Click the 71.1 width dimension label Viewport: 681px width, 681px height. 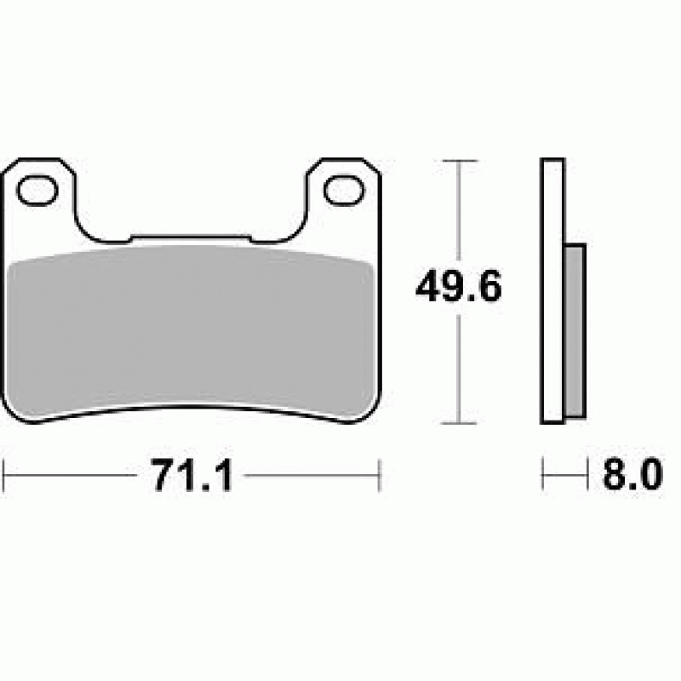click(x=192, y=475)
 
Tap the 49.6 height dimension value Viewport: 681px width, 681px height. click(x=459, y=286)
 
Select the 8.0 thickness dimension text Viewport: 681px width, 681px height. click(x=632, y=474)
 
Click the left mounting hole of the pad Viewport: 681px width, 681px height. click(x=37, y=190)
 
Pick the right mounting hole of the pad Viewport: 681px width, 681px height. click(x=345, y=190)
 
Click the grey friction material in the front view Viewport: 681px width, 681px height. click(x=191, y=330)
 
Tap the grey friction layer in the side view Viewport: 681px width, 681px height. click(x=575, y=331)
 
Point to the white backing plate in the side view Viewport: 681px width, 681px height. click(x=552, y=291)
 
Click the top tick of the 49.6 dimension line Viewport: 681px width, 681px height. click(x=460, y=161)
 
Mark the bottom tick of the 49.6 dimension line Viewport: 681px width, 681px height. click(x=459, y=422)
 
